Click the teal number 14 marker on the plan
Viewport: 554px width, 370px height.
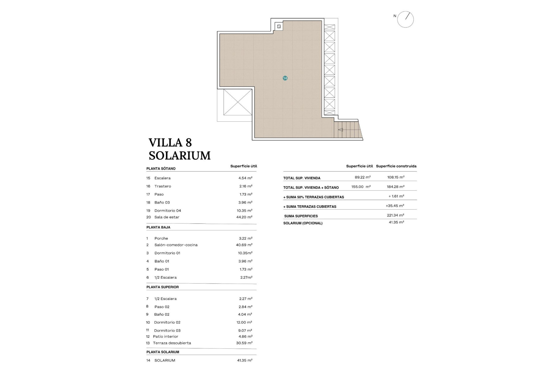(285, 78)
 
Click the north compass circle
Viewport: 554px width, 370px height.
(405, 20)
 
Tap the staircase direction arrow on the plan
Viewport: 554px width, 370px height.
(340, 130)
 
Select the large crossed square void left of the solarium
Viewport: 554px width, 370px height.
(238, 102)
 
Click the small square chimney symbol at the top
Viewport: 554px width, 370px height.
(279, 27)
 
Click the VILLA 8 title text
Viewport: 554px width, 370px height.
(170, 143)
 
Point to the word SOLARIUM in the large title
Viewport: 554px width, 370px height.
(179, 156)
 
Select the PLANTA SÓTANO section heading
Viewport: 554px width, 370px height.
(161, 169)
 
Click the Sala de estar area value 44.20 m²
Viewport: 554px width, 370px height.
(244, 217)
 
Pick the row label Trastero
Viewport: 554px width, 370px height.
(162, 186)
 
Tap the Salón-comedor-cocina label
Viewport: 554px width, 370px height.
(176, 245)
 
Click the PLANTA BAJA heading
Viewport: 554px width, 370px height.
(158, 227)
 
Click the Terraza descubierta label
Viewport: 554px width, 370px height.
(172, 343)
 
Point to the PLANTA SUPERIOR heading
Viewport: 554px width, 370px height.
(162, 287)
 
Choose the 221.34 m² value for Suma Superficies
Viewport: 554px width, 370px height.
(395, 215)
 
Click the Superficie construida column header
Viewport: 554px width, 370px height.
(396, 166)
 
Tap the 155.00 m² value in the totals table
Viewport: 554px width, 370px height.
(361, 187)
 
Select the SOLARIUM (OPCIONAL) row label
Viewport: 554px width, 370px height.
(303, 223)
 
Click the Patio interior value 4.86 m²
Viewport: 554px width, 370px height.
(244, 336)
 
